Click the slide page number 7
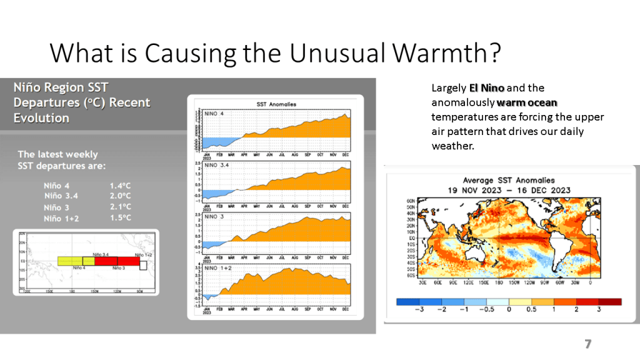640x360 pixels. point(587,344)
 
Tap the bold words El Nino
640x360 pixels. point(487,88)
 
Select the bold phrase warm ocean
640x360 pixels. point(527,102)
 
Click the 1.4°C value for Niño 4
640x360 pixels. point(120,186)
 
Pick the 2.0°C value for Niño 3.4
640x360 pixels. point(120,196)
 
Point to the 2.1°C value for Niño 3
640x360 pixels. point(120,207)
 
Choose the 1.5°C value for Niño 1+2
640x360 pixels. point(120,217)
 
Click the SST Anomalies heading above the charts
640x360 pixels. point(276,104)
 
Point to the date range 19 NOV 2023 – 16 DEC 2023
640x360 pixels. point(509,190)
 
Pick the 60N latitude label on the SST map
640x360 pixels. point(411,201)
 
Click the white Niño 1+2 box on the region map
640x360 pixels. point(143,264)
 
